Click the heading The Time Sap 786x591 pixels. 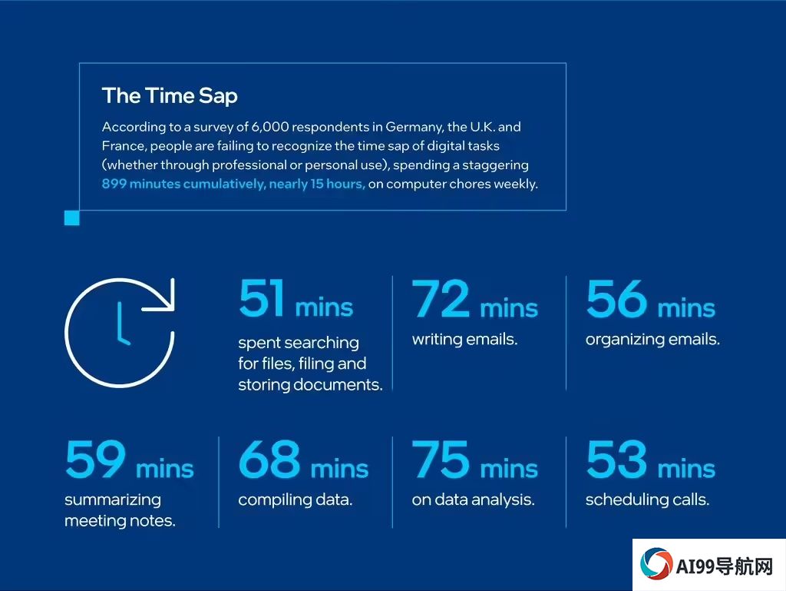pos(170,96)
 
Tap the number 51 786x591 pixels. pos(262,298)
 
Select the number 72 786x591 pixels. pos(441,298)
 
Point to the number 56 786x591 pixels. pos(616,298)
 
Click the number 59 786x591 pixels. pos(95,459)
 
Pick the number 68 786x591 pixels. pos(269,459)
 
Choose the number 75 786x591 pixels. pos(441,459)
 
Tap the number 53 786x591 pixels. pos(616,459)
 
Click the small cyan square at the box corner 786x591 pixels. pos(71,218)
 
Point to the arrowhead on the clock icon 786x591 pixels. pos(166,298)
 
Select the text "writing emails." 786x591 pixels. pos(464,340)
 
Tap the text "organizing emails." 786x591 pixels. pos(652,340)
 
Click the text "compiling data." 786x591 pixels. pos(296,500)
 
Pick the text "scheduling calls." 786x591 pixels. pos(647,500)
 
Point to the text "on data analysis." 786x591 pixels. pos(473,500)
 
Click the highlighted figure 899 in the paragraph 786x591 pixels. pos(114,184)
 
